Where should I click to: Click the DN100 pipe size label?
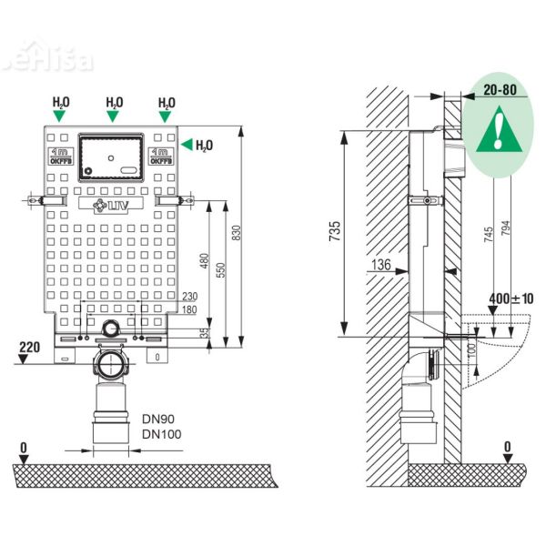[161, 434]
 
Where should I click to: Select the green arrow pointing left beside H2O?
[188, 144]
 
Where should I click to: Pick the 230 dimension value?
[189, 297]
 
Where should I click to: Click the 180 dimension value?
[189, 310]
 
